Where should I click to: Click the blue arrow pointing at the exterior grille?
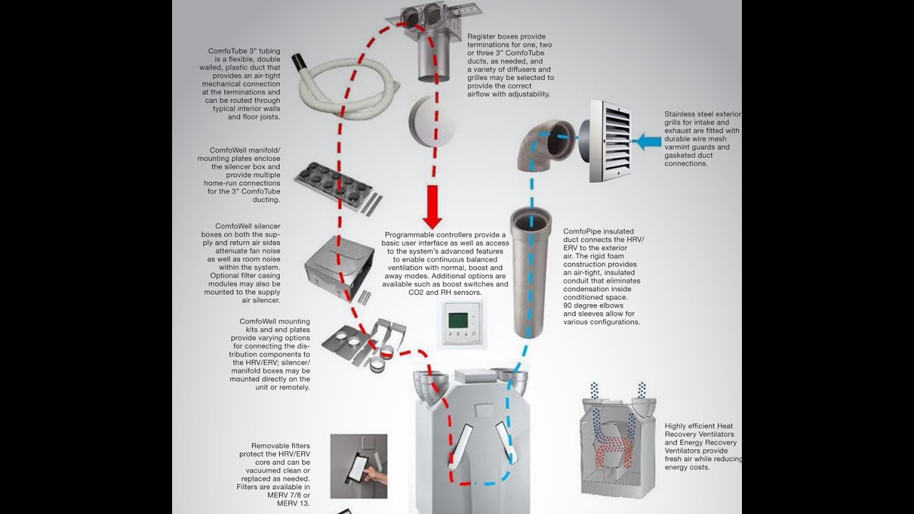click(x=649, y=141)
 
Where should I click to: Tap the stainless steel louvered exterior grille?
click(x=610, y=141)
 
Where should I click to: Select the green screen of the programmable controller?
click(x=458, y=321)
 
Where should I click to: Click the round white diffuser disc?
click(x=433, y=121)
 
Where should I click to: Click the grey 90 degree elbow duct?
click(x=545, y=145)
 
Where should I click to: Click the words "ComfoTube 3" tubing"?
click(x=244, y=51)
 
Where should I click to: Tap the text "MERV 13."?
click(x=293, y=503)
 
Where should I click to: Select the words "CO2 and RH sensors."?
click(x=445, y=293)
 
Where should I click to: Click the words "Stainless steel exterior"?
click(x=703, y=114)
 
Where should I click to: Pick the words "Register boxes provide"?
click(x=506, y=36)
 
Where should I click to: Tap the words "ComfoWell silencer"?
click(x=248, y=226)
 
